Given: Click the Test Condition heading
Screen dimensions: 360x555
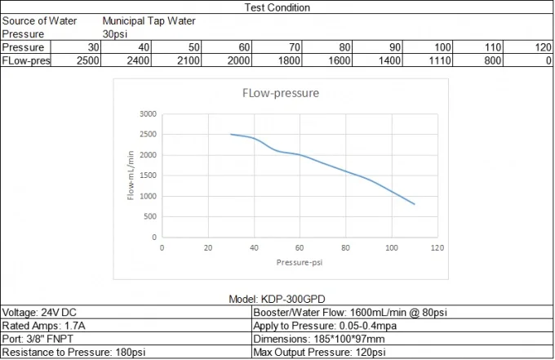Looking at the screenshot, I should [x=277, y=7].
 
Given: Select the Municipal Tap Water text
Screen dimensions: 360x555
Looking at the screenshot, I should [x=149, y=21].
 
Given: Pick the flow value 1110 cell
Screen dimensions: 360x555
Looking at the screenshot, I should [x=441, y=60].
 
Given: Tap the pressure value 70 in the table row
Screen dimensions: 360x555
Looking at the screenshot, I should [x=295, y=47].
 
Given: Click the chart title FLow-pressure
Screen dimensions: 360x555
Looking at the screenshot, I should [x=280, y=93].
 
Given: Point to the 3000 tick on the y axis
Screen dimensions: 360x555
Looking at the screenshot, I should [x=147, y=113].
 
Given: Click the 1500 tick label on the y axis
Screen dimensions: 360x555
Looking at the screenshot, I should [x=147, y=176].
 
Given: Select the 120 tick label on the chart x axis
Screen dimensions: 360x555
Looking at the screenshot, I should [x=438, y=247].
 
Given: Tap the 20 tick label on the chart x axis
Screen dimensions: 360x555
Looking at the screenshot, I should [x=208, y=247].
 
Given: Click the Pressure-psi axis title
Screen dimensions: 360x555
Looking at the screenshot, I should [x=300, y=263].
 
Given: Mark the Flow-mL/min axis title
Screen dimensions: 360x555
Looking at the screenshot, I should [x=131, y=175].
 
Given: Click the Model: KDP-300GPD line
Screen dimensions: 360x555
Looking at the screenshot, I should [x=277, y=300].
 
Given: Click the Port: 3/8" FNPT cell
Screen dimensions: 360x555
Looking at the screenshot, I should [x=36, y=338].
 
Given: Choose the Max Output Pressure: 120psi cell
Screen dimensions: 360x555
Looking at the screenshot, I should [x=320, y=352].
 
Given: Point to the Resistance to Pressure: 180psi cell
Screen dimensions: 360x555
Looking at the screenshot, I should [x=67, y=352].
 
